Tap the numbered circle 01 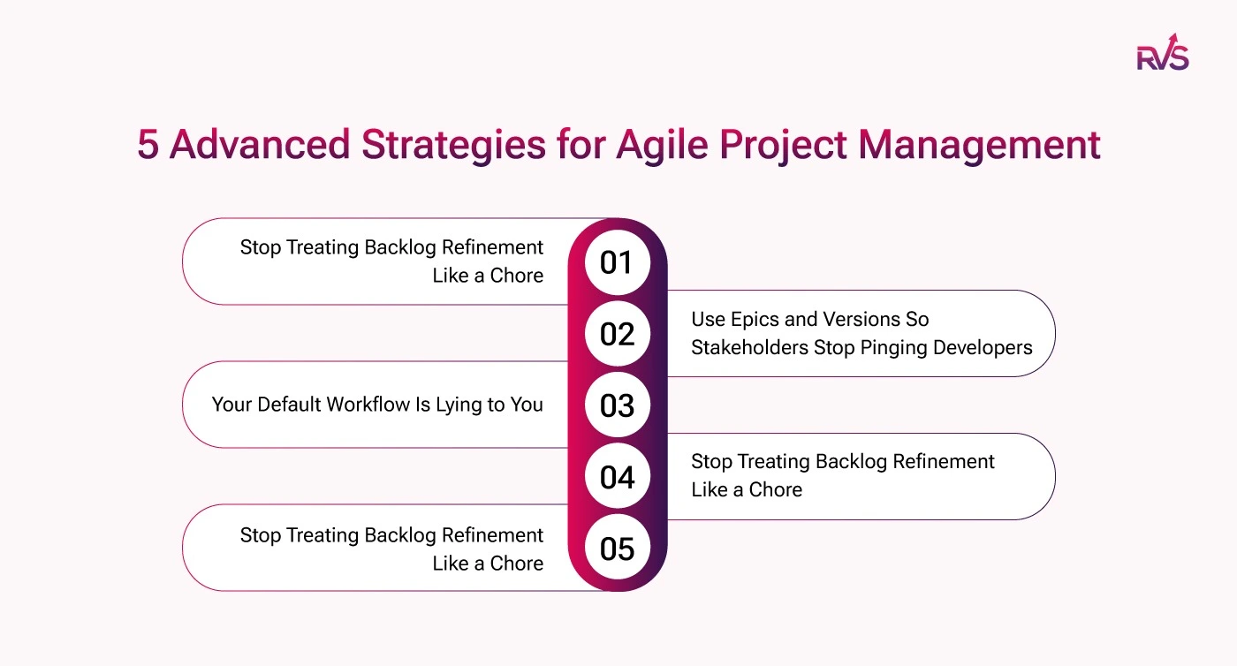(x=618, y=262)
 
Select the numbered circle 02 (x=618, y=334)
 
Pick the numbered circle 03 (x=618, y=405)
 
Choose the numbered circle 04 (x=618, y=476)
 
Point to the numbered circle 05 (x=618, y=548)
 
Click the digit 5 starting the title (x=148, y=145)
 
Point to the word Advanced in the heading (x=260, y=145)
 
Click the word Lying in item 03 (x=452, y=405)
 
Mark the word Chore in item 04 (x=776, y=490)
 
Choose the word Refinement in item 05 (x=493, y=535)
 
